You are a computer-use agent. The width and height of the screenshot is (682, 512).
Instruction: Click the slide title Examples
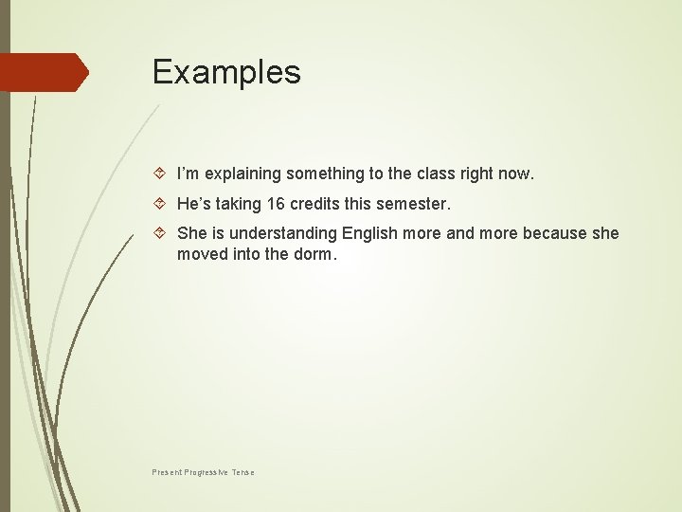point(226,73)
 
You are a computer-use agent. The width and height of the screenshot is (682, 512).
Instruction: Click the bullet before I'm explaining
point(160,174)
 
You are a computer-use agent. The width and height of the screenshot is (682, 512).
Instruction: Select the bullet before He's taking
point(160,204)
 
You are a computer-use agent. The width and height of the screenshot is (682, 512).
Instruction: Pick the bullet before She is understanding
point(160,233)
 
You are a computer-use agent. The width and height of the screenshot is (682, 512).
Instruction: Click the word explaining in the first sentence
point(241,174)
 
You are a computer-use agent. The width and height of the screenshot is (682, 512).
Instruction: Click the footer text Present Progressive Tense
point(203,472)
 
